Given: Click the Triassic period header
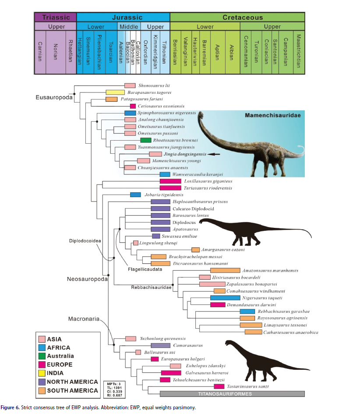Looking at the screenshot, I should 56,18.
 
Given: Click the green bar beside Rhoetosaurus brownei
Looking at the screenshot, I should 146,140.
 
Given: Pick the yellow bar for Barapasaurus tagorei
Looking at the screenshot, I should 115,92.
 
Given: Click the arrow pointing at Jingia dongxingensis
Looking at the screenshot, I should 214,154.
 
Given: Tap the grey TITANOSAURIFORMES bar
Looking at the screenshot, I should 232,393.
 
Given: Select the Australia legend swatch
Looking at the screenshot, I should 42,356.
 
